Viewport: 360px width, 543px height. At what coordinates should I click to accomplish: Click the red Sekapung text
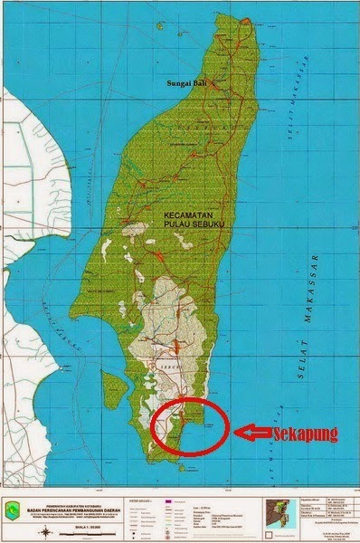click(305, 434)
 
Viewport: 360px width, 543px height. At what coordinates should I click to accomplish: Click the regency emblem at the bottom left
click(21, 510)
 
